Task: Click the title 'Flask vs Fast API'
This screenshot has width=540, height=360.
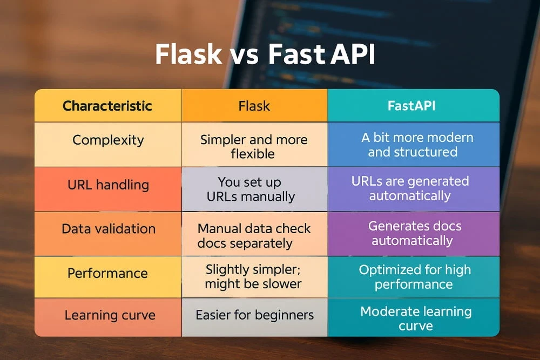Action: (x=265, y=55)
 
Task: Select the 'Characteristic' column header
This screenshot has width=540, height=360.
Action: (x=107, y=106)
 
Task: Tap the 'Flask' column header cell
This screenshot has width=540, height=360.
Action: (x=254, y=106)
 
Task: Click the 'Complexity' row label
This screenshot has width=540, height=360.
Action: (x=108, y=140)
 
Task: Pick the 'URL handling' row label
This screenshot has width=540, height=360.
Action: (x=108, y=185)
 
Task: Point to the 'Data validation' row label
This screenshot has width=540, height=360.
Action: (x=108, y=229)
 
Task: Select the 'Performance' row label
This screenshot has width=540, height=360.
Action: (x=108, y=273)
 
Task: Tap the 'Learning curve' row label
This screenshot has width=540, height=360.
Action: (x=108, y=315)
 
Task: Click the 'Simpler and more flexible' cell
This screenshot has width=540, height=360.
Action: (x=254, y=146)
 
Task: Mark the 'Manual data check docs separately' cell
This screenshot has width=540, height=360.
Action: (x=254, y=236)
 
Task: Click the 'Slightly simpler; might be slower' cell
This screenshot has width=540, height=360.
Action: (x=254, y=276)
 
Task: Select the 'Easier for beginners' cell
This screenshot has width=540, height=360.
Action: (x=254, y=315)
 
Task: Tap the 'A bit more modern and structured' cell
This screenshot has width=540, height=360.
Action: (x=413, y=145)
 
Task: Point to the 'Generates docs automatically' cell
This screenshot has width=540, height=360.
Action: (x=413, y=233)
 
